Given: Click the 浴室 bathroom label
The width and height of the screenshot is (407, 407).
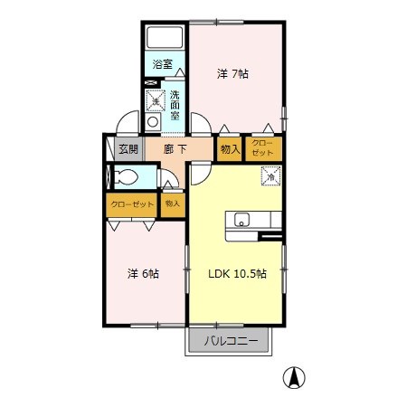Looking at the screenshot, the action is (162, 64).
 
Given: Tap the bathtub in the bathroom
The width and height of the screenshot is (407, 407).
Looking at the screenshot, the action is (165, 38).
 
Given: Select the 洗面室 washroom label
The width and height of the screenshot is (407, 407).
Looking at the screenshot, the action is (175, 105).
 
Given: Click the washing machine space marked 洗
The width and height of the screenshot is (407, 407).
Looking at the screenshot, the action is (156, 100).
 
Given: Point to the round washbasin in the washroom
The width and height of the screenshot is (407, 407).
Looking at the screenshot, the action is (153, 122).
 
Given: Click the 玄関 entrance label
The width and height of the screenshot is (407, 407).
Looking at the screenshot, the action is (128, 149).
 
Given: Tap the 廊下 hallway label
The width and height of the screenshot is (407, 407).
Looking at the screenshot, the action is (175, 149).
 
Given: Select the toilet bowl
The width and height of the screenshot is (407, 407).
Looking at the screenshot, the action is (127, 176).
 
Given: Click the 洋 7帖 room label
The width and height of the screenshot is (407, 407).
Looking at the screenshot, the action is (232, 74).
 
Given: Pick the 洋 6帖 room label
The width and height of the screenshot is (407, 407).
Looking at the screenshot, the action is (143, 274).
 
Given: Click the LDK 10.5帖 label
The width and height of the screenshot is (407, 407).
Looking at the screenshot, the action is (238, 274).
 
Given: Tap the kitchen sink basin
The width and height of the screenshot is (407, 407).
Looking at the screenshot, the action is (241, 219).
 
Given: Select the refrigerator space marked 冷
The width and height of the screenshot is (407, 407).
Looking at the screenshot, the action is (271, 176).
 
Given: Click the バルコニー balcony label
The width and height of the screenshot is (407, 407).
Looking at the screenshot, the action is (231, 341).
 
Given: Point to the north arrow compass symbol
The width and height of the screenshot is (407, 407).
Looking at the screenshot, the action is (294, 377).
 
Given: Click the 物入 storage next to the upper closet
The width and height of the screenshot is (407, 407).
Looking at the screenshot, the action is (230, 149).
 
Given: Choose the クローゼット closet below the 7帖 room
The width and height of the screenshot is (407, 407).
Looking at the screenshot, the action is (263, 149).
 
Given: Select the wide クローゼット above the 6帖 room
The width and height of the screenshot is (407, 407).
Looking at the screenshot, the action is (132, 205).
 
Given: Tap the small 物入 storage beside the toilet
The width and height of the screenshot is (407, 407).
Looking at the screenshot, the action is (173, 205).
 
